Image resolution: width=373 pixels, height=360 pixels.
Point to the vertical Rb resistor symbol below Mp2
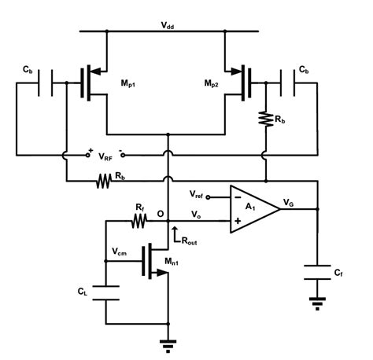(265, 118)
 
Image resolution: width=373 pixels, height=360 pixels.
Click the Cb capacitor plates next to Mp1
(51, 80)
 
